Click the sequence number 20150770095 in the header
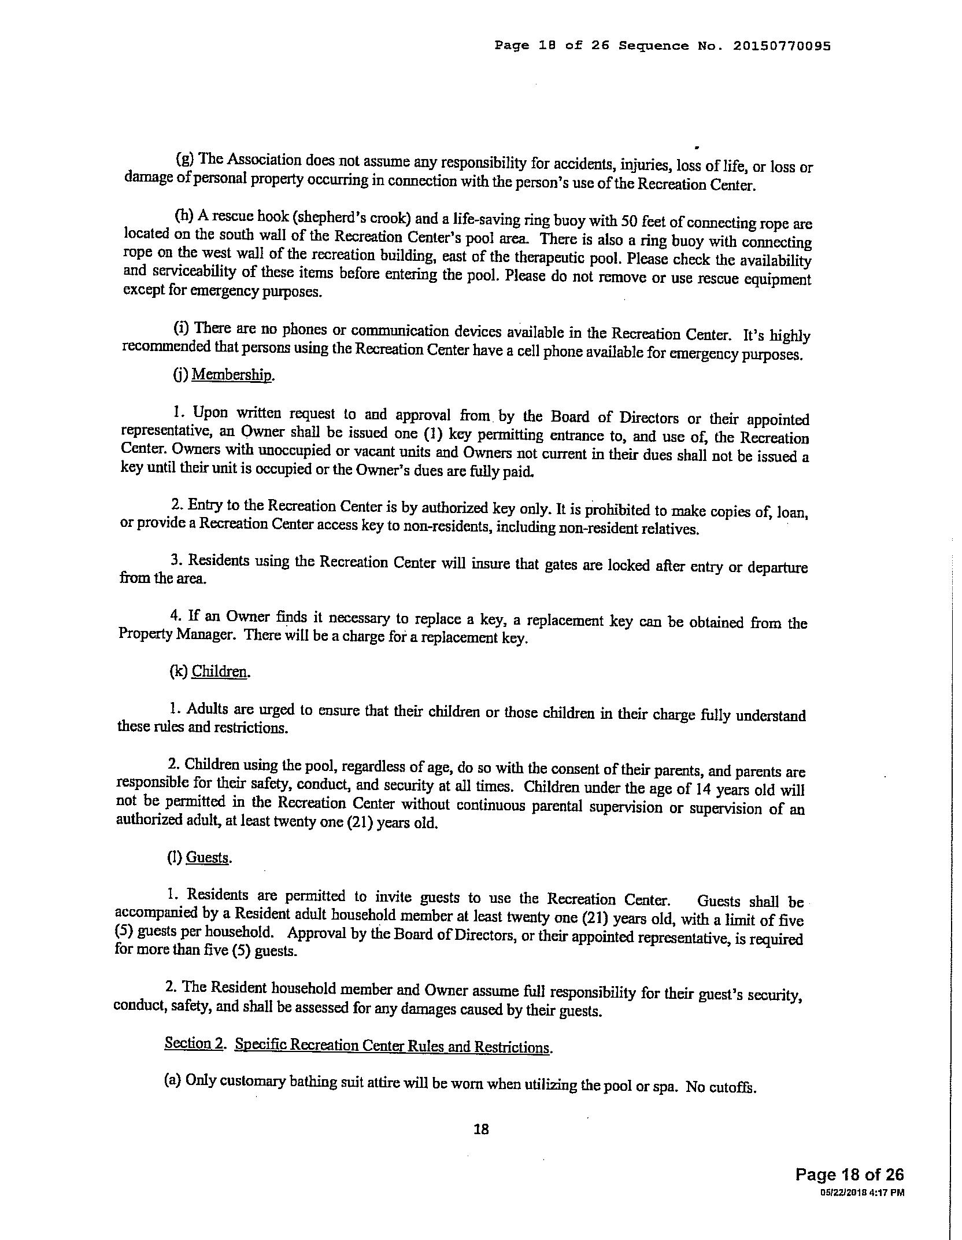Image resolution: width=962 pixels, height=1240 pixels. pos(782,46)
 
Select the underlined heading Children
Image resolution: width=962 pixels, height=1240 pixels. pos(220,671)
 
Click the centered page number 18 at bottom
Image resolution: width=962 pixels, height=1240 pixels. pos(481,1128)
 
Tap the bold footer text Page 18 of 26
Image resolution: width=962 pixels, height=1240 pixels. pos(849,1175)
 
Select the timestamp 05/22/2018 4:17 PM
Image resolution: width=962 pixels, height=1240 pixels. pos(861,1192)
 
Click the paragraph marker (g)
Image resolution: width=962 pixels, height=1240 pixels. pos(184,158)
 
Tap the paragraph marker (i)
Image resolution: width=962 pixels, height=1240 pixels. pos(181,328)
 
